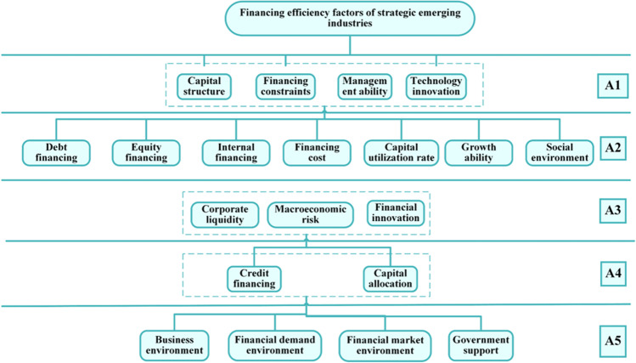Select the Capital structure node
204,85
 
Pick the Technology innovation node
437,85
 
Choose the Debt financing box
50,151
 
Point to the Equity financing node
139,151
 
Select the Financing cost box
311,151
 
